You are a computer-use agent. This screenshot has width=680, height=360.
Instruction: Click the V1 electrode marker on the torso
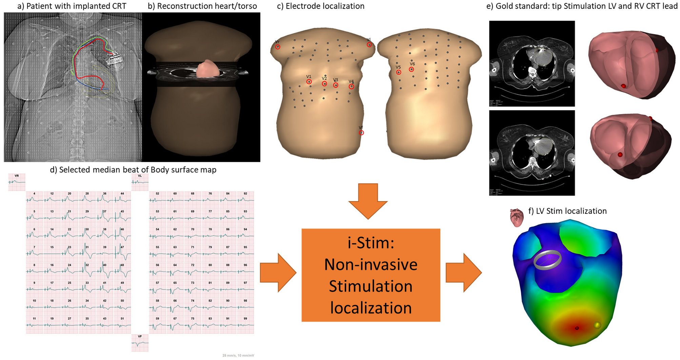[x=309, y=82]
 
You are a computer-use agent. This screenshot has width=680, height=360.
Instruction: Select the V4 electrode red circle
[x=351, y=86]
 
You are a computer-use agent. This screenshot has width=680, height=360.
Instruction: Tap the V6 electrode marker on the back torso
[x=411, y=69]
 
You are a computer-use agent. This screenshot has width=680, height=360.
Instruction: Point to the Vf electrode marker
[x=361, y=133]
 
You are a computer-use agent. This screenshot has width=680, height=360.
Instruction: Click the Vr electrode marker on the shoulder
[x=278, y=47]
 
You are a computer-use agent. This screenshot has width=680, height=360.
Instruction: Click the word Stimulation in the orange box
[x=371, y=286]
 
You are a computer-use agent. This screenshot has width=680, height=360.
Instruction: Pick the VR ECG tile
[x=17, y=182]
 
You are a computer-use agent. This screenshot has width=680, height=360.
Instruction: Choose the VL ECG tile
[x=140, y=182]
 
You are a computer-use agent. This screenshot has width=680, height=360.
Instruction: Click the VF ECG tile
[x=140, y=343]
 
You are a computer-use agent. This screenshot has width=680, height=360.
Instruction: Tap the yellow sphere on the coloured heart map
[x=597, y=325]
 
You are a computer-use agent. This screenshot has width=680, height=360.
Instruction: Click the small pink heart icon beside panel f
[x=517, y=217]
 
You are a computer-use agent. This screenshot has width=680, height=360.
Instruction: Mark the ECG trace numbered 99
[x=245, y=324]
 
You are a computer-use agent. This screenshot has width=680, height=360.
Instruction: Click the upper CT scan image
[x=532, y=63]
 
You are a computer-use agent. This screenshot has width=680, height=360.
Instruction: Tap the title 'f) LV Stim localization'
[x=567, y=211]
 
